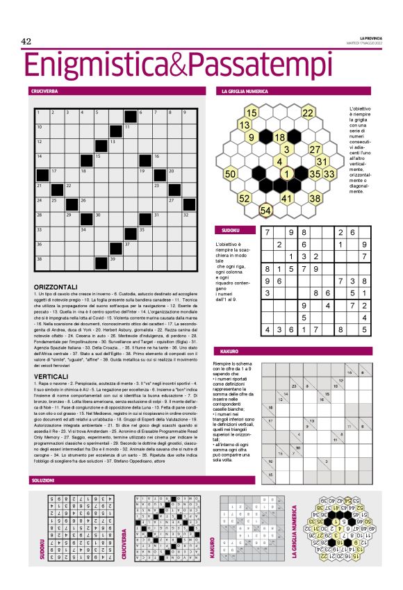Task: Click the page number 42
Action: (x=28, y=42)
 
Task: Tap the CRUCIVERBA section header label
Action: (x=44, y=91)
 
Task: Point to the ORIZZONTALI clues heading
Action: (x=60, y=286)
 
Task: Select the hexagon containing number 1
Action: (x=286, y=173)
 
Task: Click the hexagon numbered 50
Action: (x=231, y=173)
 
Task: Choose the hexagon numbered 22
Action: (x=308, y=113)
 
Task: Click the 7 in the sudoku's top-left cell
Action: (x=268, y=233)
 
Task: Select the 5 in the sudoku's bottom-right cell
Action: (x=363, y=331)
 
